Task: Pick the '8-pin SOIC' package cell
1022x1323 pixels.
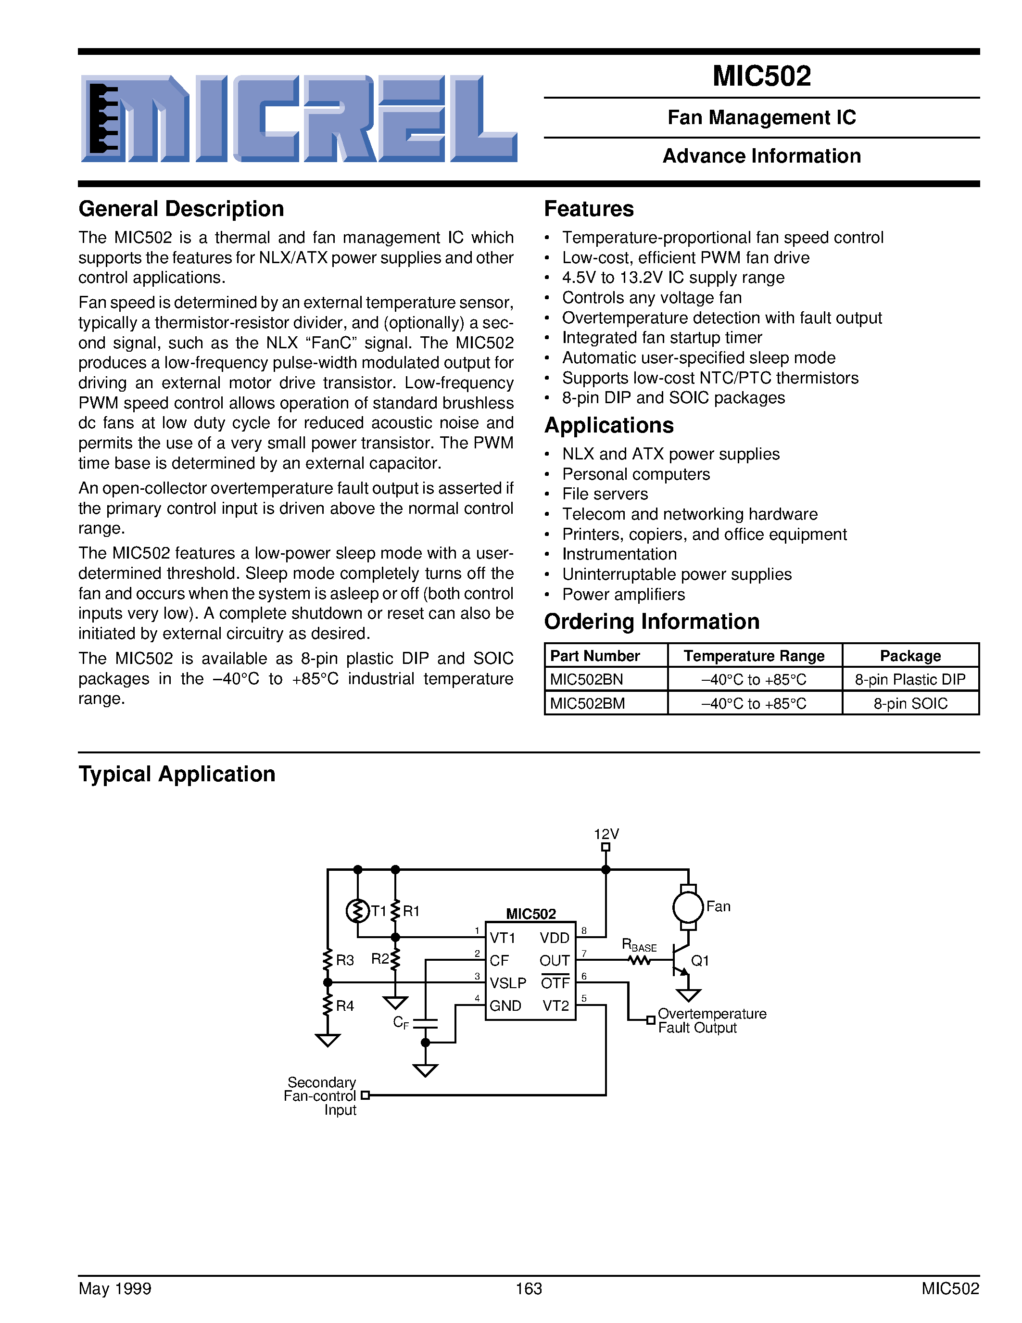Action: [910, 703]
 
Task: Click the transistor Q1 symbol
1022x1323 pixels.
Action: [681, 960]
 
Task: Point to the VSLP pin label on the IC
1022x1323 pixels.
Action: [508, 982]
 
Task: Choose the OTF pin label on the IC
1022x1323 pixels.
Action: [555, 982]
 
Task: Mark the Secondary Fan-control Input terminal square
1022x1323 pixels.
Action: [365, 1095]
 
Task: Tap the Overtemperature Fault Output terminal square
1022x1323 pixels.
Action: [650, 1020]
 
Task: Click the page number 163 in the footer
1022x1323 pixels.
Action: [529, 1288]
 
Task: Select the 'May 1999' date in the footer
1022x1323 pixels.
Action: [114, 1288]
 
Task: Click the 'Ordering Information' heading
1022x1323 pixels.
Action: [652, 622]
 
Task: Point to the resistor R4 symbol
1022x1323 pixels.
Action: [328, 1006]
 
